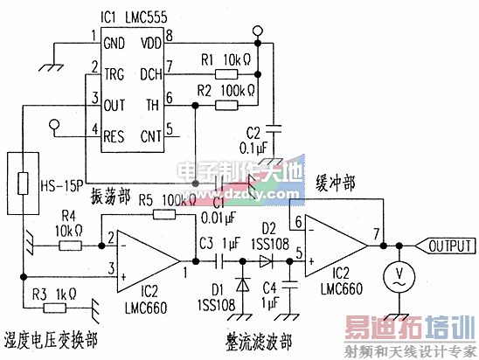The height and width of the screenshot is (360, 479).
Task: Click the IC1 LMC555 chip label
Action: tap(134, 17)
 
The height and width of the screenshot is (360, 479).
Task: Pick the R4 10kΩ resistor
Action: tap(71, 247)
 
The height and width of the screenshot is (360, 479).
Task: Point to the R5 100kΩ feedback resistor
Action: tap(163, 213)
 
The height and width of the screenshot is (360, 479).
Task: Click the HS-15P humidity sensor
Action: tap(24, 184)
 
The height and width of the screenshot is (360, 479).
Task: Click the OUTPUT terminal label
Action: tap(450, 246)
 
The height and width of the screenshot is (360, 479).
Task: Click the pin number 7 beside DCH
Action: tap(170, 66)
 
